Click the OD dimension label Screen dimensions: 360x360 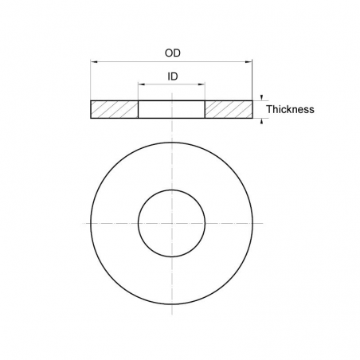pyautogui.click(x=171, y=53)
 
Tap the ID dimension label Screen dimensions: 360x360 pyautogui.click(x=171, y=77)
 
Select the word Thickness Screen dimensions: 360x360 pyautogui.click(x=290, y=109)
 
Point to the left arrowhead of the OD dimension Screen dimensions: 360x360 pyautogui.click(x=93, y=61)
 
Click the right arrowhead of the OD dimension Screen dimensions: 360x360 pyautogui.click(x=250, y=61)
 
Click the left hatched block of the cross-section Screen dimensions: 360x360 pyautogui.click(x=115, y=109)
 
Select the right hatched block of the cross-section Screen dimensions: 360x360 pyautogui.click(x=229, y=109)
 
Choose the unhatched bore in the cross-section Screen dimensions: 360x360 pyautogui.click(x=171, y=109)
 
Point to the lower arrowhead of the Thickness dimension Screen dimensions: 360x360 pyautogui.click(x=261, y=120)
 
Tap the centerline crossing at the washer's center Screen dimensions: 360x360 pyautogui.click(x=171, y=222)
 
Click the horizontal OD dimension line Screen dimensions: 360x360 pyautogui.click(x=127, y=61)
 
